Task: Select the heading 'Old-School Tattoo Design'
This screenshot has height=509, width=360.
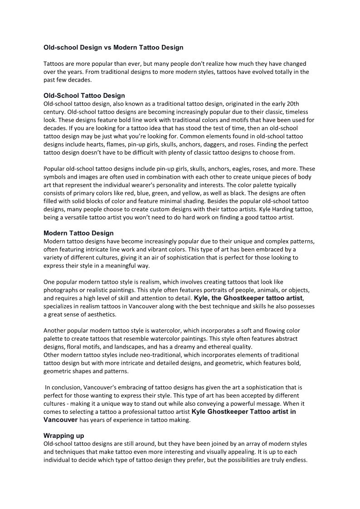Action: tap(84, 96)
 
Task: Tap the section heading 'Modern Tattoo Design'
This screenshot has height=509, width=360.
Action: tap(78, 233)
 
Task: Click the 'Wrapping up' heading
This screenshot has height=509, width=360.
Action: tap(63, 436)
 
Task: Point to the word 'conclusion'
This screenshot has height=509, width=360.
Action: tap(68, 388)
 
